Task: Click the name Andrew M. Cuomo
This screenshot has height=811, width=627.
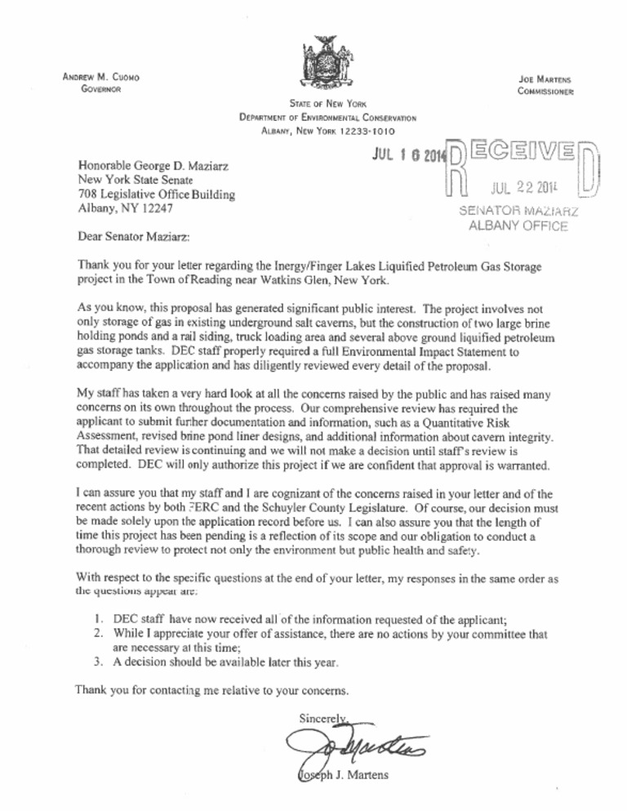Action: (102, 77)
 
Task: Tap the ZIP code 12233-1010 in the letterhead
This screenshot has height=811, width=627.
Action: (367, 130)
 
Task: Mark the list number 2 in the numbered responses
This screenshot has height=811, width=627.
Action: (98, 631)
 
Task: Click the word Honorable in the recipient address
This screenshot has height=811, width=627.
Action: (105, 165)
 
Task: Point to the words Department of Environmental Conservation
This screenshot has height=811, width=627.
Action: (328, 118)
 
